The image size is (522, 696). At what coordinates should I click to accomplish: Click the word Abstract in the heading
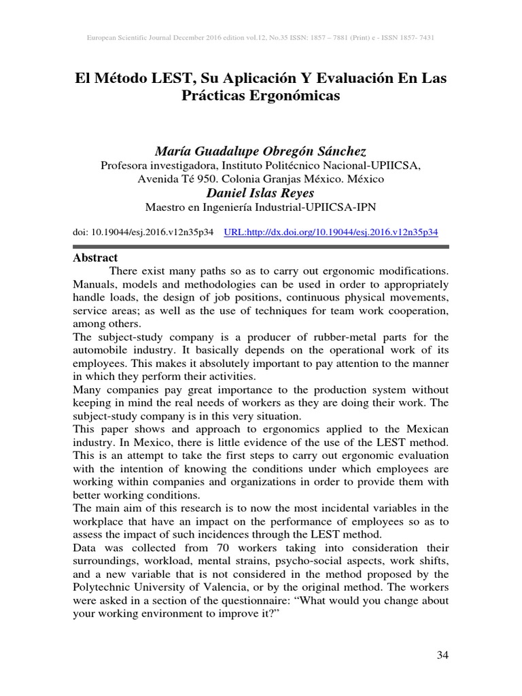95,258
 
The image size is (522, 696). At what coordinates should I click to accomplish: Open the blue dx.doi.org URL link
331,232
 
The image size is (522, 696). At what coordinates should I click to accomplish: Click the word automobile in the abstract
103,349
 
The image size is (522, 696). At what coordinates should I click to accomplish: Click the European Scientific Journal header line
261,38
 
